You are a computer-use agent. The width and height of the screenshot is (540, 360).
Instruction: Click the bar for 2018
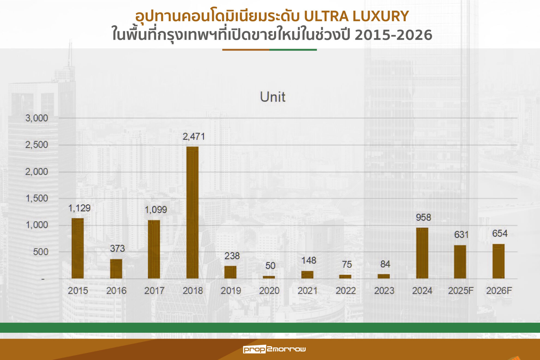click(192, 212)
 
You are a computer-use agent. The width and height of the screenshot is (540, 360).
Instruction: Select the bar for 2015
click(78, 248)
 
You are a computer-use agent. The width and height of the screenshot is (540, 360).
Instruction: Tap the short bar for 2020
click(269, 277)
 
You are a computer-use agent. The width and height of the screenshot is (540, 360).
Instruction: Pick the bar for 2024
click(422, 253)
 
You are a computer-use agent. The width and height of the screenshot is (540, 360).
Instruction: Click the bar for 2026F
click(498, 261)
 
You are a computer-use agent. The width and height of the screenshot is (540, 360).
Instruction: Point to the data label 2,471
click(194, 136)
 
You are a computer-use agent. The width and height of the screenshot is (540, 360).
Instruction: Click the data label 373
click(117, 248)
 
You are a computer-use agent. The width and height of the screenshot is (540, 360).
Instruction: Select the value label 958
click(423, 217)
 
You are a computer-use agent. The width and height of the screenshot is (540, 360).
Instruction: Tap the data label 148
click(308, 260)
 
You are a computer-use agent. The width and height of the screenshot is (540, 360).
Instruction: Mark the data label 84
click(385, 264)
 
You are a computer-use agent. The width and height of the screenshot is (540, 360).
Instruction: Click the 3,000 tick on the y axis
click(37, 118)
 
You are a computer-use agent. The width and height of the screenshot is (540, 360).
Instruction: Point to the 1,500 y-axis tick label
click(37, 198)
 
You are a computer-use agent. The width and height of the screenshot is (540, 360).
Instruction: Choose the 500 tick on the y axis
click(40, 252)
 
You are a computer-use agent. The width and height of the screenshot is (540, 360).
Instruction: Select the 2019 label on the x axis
click(231, 291)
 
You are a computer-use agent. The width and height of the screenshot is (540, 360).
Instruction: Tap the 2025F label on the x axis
click(461, 291)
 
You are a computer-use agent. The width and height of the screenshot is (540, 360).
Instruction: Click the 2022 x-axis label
click(346, 291)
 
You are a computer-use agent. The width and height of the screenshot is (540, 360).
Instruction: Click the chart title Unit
click(272, 97)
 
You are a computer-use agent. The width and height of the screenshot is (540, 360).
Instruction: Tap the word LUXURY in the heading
click(380, 16)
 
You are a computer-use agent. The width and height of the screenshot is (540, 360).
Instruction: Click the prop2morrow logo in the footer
click(274, 349)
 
